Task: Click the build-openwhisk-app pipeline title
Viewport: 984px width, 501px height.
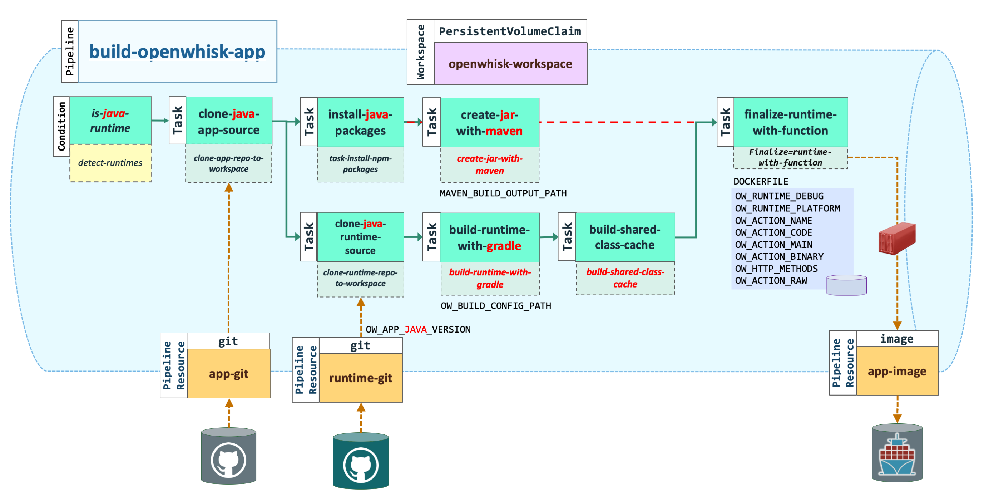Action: [177, 51]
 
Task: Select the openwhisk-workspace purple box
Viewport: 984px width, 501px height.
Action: [510, 63]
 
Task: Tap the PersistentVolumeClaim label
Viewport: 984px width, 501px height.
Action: [510, 31]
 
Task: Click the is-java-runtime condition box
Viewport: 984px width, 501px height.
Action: [110, 121]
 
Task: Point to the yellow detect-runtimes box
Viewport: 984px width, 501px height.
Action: [110, 163]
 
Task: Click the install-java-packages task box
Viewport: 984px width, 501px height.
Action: [360, 122]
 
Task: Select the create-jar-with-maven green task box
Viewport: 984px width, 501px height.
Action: [490, 122]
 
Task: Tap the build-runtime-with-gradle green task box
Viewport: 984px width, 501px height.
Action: [490, 237]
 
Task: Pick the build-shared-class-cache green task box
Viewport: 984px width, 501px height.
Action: [625, 237]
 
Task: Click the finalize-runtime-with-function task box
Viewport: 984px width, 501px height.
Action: [790, 122]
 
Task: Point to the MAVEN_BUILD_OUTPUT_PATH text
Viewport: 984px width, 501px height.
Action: [503, 193]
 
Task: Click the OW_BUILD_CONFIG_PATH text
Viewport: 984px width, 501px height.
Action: [496, 306]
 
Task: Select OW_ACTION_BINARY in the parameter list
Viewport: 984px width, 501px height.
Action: [779, 256]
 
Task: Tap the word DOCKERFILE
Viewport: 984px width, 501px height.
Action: [761, 182]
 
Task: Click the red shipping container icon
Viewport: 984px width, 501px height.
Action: [897, 238]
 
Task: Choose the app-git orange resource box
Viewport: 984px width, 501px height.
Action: [229, 373]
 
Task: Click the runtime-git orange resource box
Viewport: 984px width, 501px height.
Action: [361, 378]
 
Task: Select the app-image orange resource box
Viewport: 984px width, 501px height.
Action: [897, 371]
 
